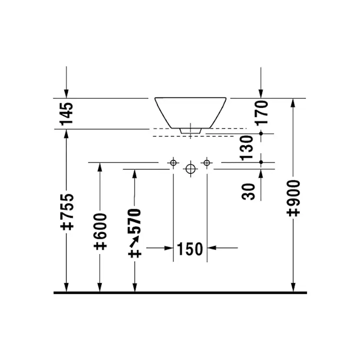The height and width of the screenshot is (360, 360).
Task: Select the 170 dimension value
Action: click(261, 113)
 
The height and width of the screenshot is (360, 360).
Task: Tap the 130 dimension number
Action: click(247, 148)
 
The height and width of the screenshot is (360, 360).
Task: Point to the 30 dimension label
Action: click(248, 192)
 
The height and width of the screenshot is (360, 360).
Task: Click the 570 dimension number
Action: click(134, 221)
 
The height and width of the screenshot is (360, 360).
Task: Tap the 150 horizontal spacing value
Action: click(190, 249)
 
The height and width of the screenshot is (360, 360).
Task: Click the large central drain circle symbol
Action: click(190, 169)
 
